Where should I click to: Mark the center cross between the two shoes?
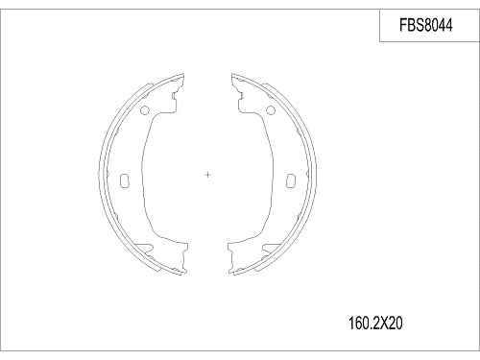click(x=209, y=174)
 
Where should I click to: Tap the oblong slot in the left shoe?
click(x=125, y=180)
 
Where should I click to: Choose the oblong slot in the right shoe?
click(x=292, y=180)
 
